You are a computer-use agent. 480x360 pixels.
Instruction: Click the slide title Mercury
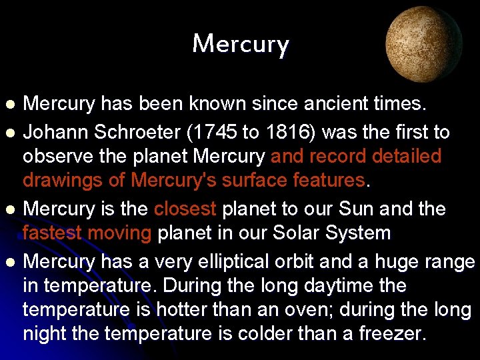(240, 45)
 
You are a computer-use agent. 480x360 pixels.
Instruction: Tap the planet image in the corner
(424, 45)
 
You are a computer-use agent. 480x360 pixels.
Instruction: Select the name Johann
(56, 133)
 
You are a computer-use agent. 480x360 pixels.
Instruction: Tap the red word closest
(185, 209)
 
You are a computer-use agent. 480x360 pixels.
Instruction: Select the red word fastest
(52, 233)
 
